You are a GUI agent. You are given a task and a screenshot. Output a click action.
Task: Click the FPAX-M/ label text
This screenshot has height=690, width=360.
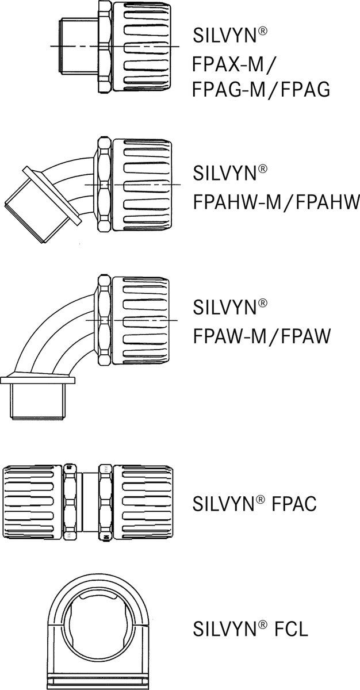232,64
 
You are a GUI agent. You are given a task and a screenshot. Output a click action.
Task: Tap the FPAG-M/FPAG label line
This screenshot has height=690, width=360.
261,90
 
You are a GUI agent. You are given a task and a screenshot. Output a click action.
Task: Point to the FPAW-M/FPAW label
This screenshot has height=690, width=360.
262,336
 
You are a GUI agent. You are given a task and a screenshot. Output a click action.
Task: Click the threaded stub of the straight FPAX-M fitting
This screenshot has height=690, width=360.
79,46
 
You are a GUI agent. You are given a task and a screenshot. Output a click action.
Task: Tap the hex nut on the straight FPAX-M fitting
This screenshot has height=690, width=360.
105,46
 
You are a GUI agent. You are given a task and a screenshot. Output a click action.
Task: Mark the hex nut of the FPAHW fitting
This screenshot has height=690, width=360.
104,185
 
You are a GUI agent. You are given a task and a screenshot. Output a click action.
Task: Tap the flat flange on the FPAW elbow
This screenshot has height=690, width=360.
38,380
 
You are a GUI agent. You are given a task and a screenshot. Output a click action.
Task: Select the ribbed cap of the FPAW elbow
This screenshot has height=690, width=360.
140,321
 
